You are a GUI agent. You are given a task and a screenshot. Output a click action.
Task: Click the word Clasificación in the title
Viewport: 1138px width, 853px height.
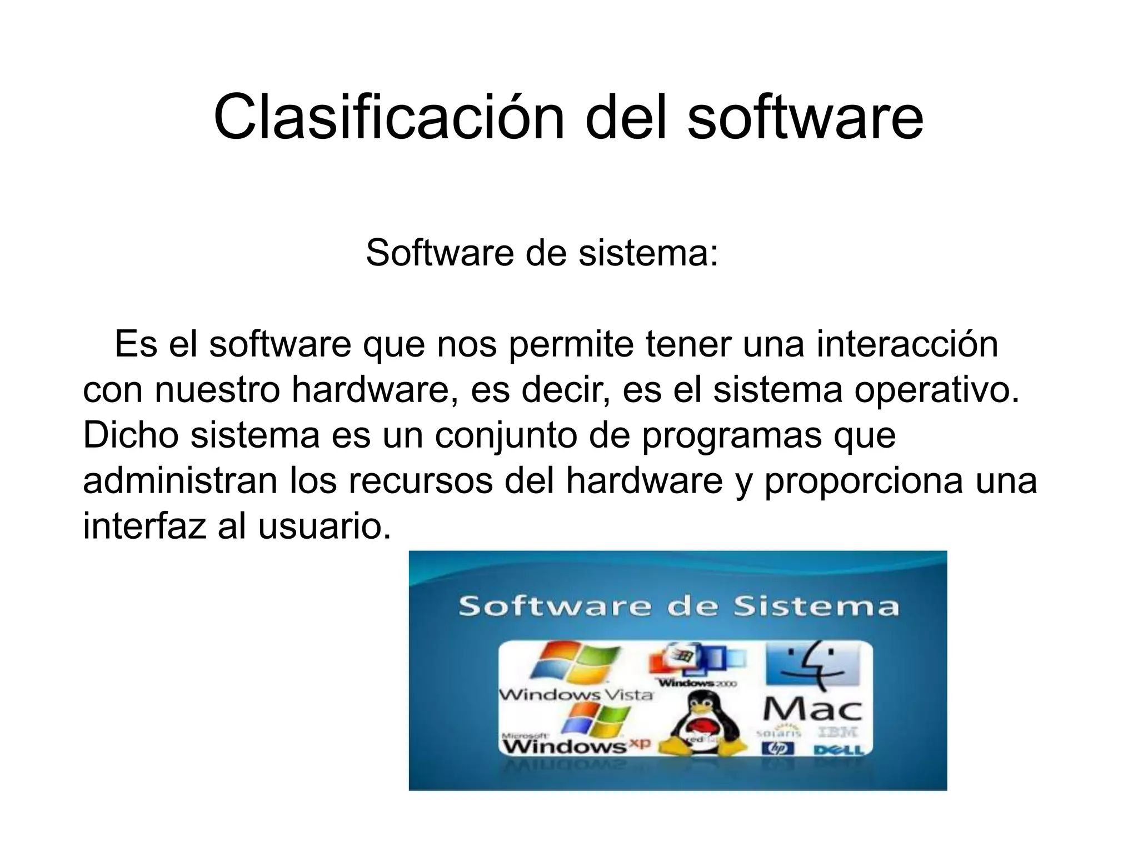click(x=389, y=118)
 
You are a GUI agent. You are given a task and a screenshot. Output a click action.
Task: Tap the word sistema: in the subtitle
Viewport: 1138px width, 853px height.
click(x=648, y=253)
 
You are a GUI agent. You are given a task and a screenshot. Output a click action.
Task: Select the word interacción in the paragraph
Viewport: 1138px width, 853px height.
click(x=907, y=344)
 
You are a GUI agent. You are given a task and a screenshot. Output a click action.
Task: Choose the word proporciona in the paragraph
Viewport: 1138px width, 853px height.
click(x=863, y=481)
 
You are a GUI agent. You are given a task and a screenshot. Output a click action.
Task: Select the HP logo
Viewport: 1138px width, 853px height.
click(x=778, y=749)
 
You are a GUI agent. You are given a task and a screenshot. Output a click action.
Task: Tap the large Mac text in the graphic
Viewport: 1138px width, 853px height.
click(x=812, y=709)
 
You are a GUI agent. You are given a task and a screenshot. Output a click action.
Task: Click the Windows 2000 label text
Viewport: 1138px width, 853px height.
click(x=697, y=683)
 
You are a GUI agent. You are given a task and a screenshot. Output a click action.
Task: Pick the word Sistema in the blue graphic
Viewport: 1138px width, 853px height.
click(x=816, y=606)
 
